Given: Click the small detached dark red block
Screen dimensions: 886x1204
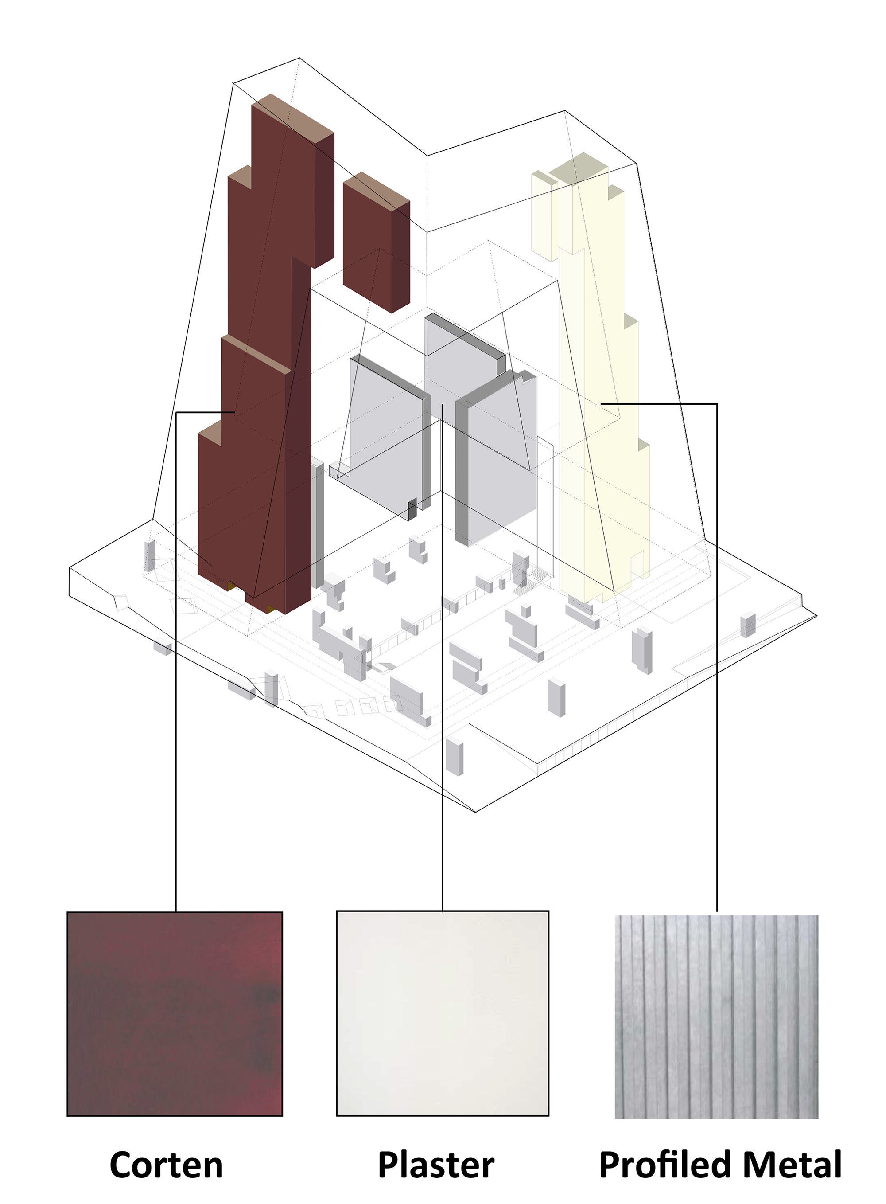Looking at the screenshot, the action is (377, 242).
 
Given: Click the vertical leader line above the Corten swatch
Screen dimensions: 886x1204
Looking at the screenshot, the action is (176, 661).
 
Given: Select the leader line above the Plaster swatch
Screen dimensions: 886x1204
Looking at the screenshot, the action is (442, 657).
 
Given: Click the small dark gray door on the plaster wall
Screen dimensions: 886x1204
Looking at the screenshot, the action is (412, 509).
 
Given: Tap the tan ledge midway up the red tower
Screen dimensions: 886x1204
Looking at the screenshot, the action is (256, 354).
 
